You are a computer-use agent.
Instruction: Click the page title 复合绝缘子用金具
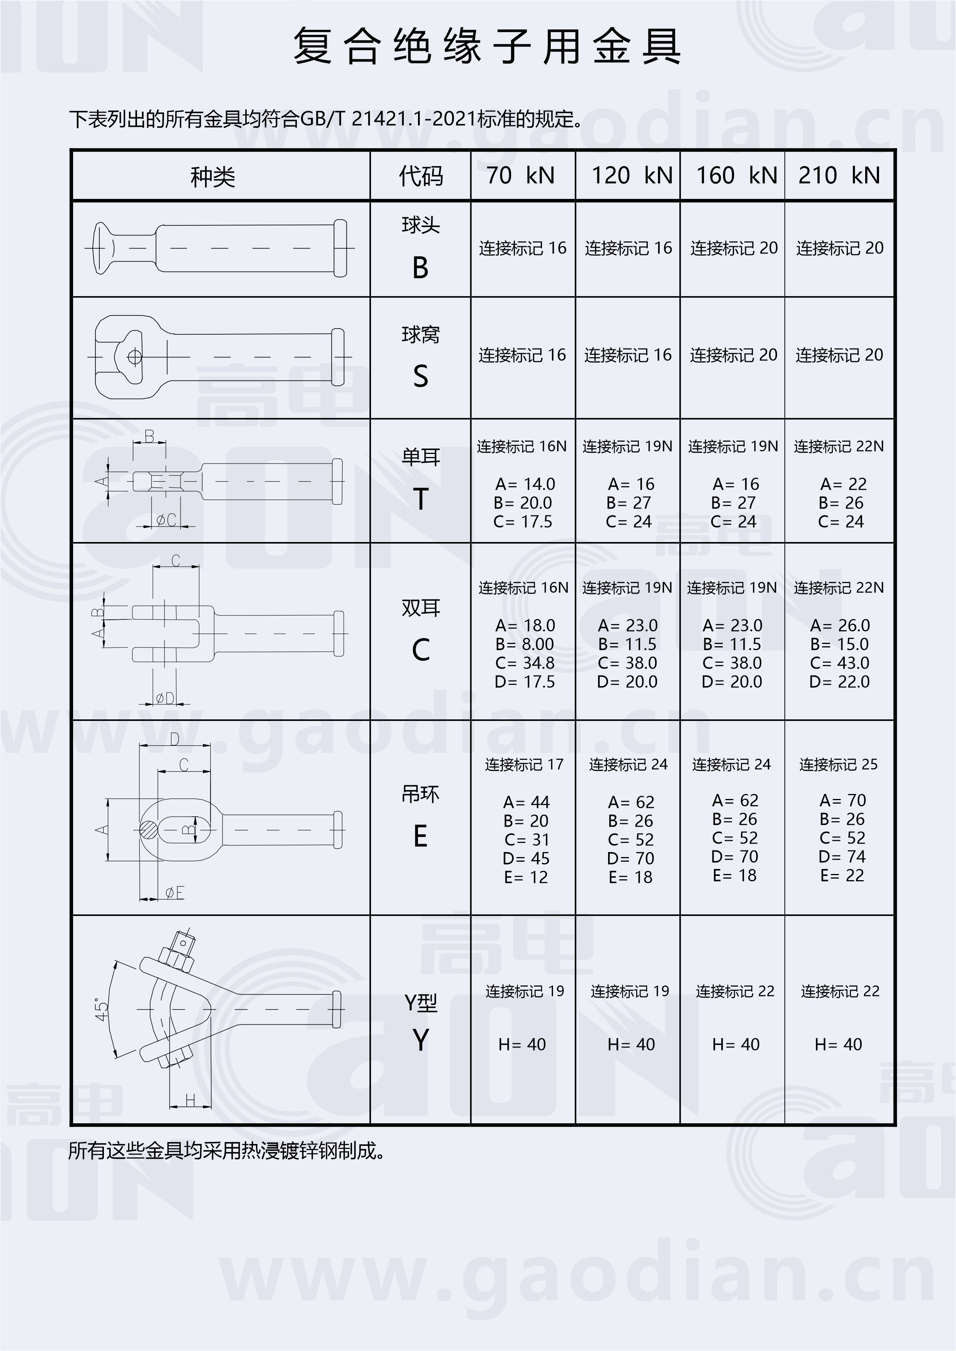click(x=487, y=46)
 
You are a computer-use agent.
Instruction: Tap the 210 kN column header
click(x=839, y=175)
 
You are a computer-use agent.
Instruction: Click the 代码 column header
click(x=420, y=176)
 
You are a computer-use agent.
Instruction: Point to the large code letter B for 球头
click(x=420, y=268)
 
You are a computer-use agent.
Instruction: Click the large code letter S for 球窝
click(x=420, y=376)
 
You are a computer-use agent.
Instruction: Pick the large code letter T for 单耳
click(x=420, y=500)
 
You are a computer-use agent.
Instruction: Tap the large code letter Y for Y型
click(x=420, y=1040)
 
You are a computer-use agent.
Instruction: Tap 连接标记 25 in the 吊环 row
click(x=838, y=764)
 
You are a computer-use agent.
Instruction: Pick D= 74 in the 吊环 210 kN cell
click(x=842, y=857)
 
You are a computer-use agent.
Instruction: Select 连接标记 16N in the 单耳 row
click(x=521, y=447)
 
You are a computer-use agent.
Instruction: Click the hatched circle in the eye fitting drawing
click(x=149, y=830)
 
